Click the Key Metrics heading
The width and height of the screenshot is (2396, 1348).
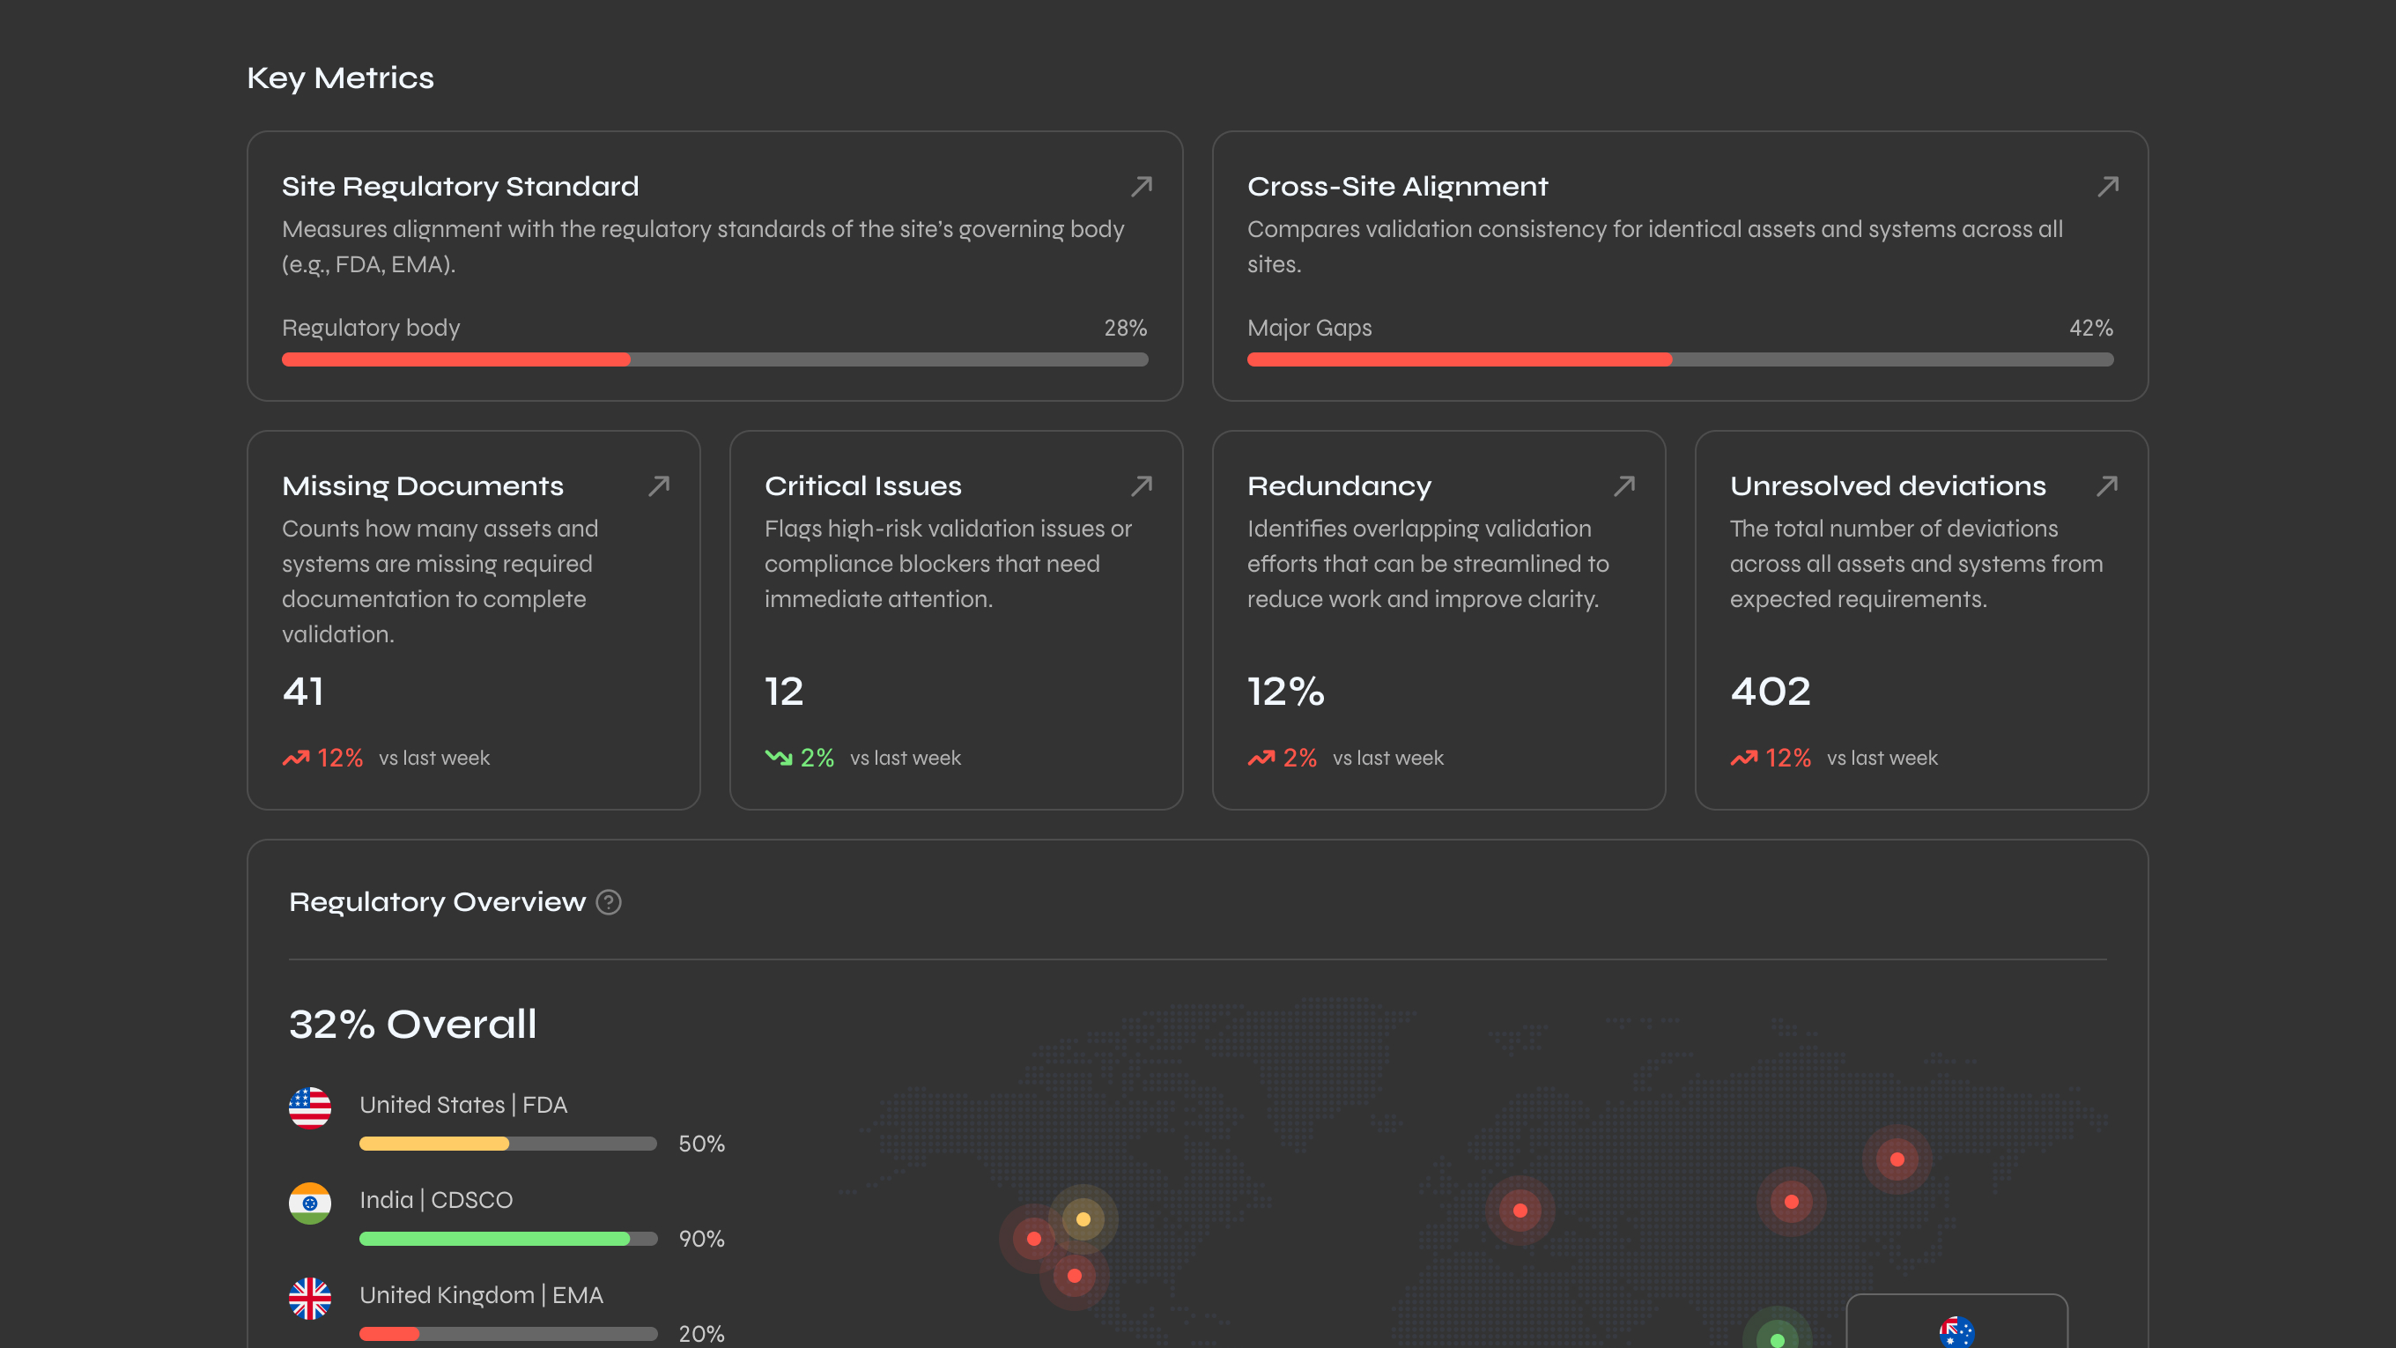tap(339, 78)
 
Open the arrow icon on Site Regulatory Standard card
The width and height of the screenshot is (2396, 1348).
tap(1142, 187)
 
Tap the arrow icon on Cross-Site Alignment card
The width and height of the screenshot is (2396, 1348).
tap(2108, 187)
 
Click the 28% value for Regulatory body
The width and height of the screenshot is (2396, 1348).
tap(1125, 329)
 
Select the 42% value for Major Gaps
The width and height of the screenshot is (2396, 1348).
tap(2090, 329)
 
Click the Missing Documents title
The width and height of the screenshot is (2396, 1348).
tap(422, 485)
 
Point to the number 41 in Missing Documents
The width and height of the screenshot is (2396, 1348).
tap(303, 692)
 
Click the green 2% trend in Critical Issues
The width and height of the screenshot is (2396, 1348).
tap(816, 759)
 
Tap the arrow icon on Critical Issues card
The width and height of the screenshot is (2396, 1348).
tap(1142, 485)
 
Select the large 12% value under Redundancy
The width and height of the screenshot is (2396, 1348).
tap(1285, 692)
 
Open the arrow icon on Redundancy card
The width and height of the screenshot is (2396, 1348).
tap(1624, 485)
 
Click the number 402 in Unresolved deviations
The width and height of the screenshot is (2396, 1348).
tap(1770, 692)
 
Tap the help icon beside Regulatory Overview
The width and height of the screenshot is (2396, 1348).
tap(609, 902)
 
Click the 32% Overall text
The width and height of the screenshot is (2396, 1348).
tap(412, 1025)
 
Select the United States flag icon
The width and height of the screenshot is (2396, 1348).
tap(310, 1107)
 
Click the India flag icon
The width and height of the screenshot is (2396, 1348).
tap(310, 1203)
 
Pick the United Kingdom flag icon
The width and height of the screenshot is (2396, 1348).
tap(310, 1298)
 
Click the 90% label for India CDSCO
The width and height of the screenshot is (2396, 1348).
tap(700, 1239)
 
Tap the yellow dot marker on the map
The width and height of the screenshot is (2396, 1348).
tap(1083, 1218)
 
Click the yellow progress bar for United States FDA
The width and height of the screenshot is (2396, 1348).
tap(434, 1144)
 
